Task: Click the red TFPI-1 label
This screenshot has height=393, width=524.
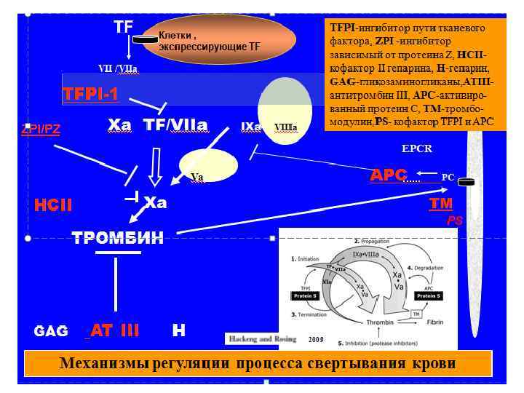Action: pyautogui.click(x=90, y=94)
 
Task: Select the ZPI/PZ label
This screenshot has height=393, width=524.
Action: pyautogui.click(x=40, y=130)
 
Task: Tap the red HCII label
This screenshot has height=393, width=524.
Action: pyautogui.click(x=53, y=205)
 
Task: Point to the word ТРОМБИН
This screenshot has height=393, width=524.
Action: pyautogui.click(x=117, y=237)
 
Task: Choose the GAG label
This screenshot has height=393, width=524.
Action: pyautogui.click(x=51, y=331)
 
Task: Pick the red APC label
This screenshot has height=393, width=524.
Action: pyautogui.click(x=388, y=175)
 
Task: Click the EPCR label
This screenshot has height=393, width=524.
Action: pyautogui.click(x=417, y=148)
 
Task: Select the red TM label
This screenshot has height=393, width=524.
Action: pyautogui.click(x=441, y=204)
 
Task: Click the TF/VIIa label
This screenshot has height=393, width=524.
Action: pyautogui.click(x=175, y=125)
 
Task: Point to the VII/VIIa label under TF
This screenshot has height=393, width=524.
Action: pyautogui.click(x=118, y=68)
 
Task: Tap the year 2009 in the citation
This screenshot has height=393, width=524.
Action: pyautogui.click(x=315, y=339)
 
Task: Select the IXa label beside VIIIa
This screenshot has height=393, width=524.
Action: pyautogui.click(x=251, y=127)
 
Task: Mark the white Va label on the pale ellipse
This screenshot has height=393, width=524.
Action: pyautogui.click(x=196, y=176)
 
